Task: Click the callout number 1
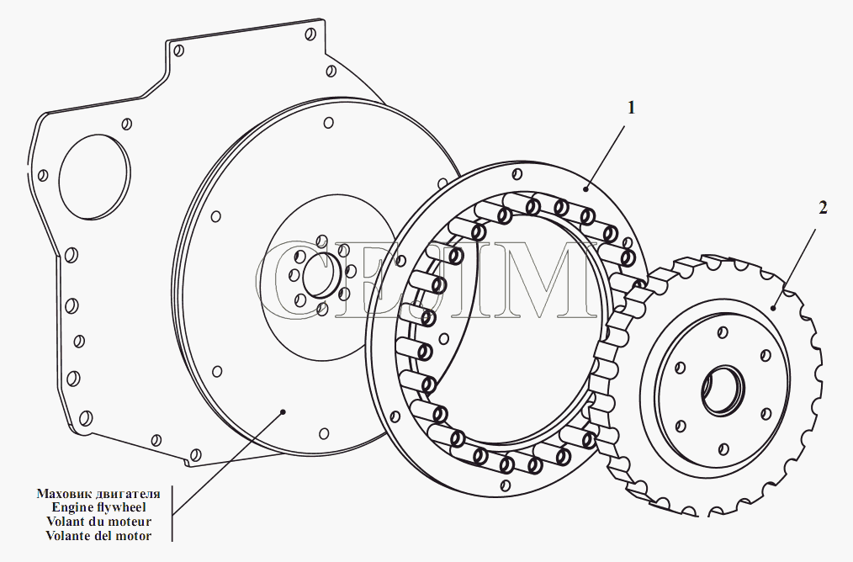coord(631,109)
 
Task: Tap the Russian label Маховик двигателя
coord(98,494)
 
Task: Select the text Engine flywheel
coord(98,507)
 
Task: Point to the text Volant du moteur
coord(98,522)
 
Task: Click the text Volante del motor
coord(98,535)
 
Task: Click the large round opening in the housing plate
coord(95,177)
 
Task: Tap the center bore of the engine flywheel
coord(321,275)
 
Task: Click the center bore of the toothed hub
coord(723,390)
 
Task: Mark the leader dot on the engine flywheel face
coord(283,411)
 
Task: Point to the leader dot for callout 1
coord(585,188)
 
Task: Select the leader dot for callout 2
coord(773,308)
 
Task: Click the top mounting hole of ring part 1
coord(517,173)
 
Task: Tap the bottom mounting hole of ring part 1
coord(506,485)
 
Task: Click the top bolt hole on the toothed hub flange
coord(723,331)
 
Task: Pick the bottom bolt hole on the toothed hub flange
coord(723,448)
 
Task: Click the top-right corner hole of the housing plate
coord(310,34)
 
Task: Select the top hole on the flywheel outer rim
coord(329,123)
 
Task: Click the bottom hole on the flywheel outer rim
coord(324,433)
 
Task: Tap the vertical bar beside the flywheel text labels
coord(172,513)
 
